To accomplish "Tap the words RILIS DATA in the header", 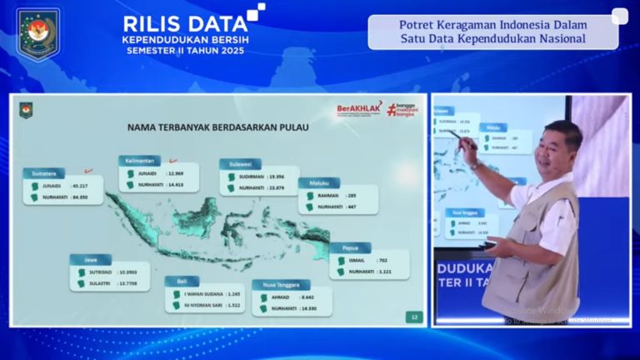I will (185, 23).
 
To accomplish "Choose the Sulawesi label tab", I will (240, 164).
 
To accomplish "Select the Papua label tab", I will (350, 247).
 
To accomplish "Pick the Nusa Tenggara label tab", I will (281, 284).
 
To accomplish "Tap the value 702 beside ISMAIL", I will (384, 260).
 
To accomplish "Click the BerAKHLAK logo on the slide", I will (359, 107).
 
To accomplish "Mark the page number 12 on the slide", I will (414, 317).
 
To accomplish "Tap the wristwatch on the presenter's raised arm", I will (474, 165).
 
